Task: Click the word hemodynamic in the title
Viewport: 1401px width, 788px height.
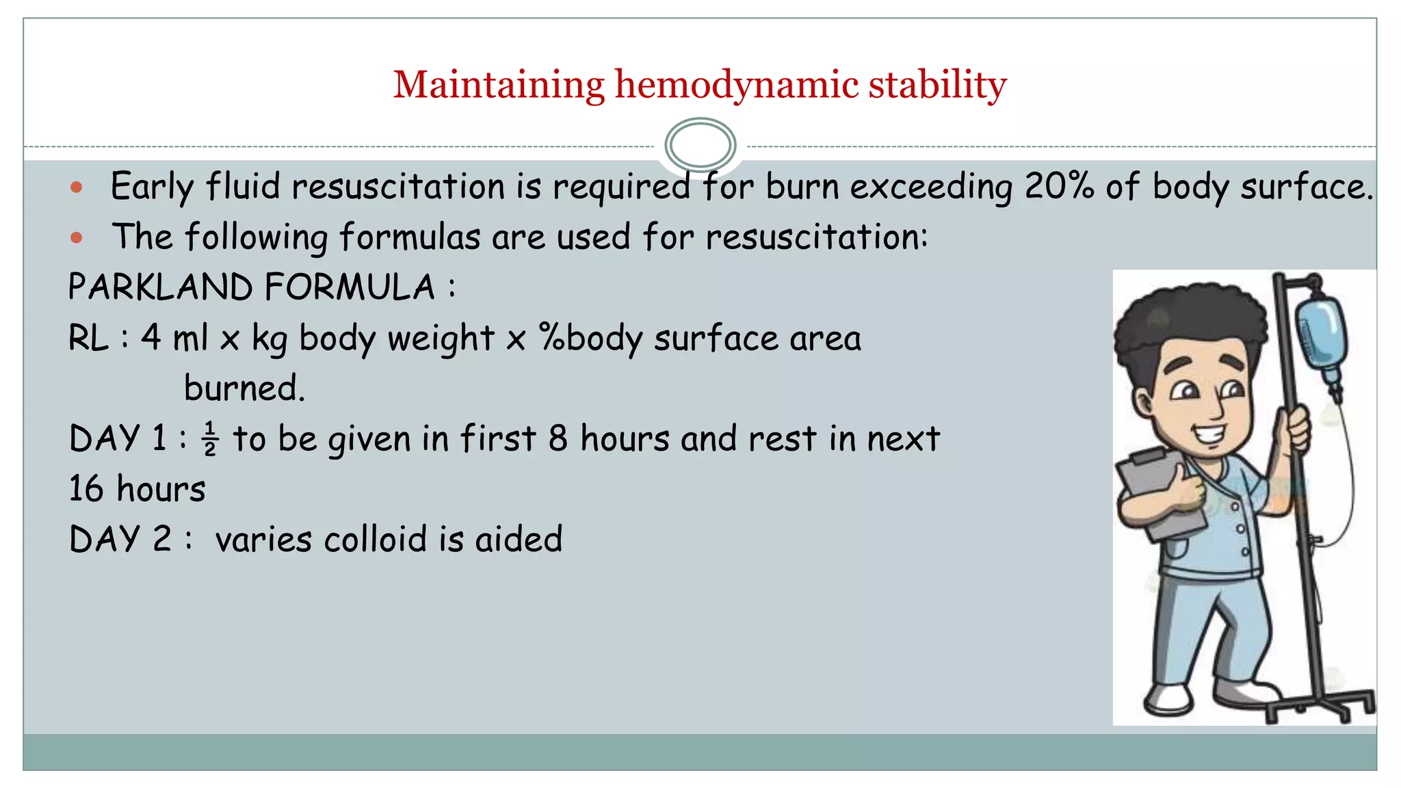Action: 736,85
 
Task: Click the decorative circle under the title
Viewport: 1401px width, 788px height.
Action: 700,144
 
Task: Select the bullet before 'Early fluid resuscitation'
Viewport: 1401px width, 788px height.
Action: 77,187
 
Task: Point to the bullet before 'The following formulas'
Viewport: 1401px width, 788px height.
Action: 77,238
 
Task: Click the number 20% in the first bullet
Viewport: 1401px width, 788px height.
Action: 1059,186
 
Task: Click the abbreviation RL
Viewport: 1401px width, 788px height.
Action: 89,338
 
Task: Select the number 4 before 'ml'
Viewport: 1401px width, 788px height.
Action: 151,337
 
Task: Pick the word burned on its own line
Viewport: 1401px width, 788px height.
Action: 244,389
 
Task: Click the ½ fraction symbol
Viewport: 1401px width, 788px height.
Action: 210,439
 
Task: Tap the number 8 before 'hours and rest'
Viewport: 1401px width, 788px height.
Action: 558,438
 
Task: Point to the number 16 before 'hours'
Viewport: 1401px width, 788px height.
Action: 86,489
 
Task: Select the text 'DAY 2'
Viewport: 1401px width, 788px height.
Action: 120,540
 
